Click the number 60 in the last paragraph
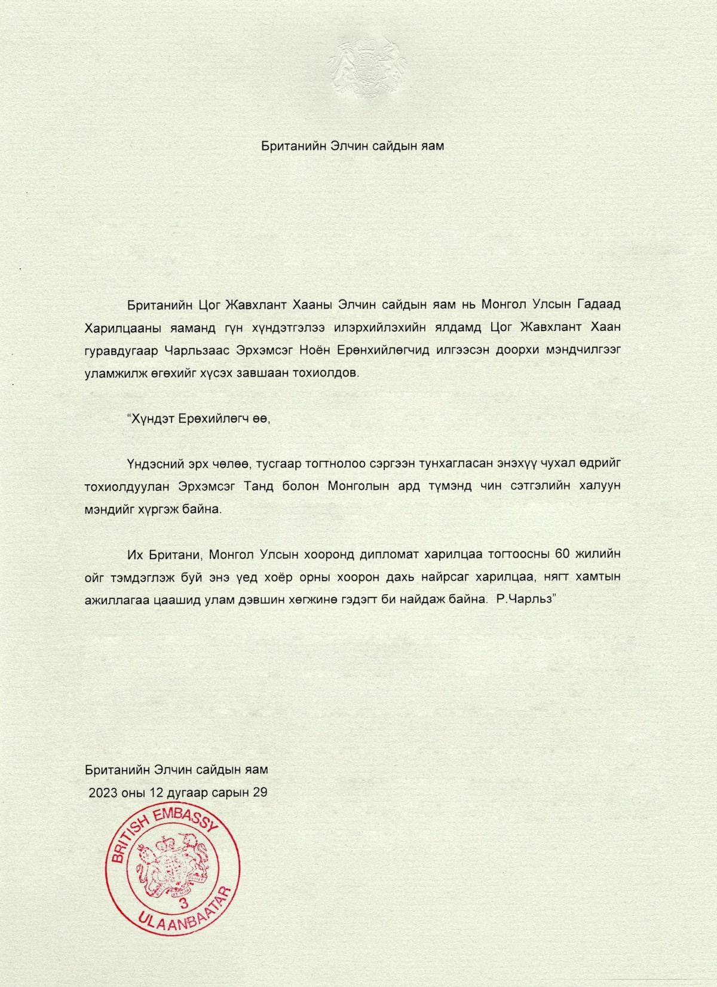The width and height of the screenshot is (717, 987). [562, 554]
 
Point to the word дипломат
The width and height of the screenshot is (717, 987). [388, 554]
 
